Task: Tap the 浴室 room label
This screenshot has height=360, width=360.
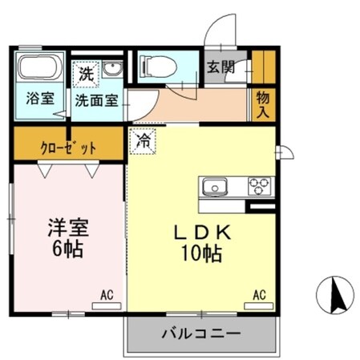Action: click(40, 99)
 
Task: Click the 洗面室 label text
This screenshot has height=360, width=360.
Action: click(97, 100)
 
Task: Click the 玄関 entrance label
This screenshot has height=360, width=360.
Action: click(220, 68)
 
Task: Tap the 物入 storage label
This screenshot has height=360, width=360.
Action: click(262, 105)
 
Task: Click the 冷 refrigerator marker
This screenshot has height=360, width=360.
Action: click(144, 140)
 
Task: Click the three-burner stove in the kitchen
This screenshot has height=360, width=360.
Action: click(260, 187)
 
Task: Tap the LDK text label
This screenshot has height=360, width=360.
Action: click(204, 232)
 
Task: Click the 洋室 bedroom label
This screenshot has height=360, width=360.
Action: click(65, 225)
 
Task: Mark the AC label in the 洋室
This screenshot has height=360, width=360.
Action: click(107, 295)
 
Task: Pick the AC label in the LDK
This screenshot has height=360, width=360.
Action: click(260, 295)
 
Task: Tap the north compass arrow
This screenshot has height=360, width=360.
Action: click(337, 297)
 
